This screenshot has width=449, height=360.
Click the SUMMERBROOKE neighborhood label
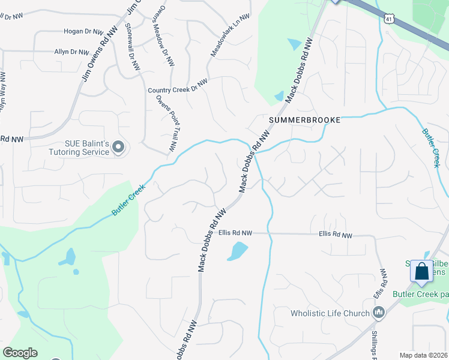(x=304, y=120)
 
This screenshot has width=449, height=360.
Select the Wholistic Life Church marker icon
(x=378, y=313)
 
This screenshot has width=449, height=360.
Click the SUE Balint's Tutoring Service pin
(x=118, y=147)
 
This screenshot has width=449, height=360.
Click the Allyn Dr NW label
(x=71, y=52)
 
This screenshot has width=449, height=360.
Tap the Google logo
(x=20, y=353)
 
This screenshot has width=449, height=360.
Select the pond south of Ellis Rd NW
(x=238, y=251)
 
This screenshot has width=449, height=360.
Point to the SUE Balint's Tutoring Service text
(x=87, y=148)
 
